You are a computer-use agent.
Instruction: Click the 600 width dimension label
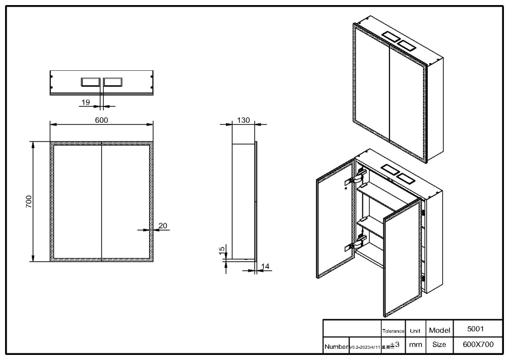(x=102, y=120)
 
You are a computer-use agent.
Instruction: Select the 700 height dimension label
(x=29, y=201)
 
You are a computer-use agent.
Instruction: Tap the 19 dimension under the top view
(x=86, y=102)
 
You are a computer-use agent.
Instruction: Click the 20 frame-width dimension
(x=163, y=226)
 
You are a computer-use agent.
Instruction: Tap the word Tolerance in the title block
(x=393, y=331)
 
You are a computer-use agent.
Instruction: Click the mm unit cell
(x=415, y=345)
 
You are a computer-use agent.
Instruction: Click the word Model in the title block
(x=439, y=330)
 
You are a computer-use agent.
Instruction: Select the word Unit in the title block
(x=415, y=331)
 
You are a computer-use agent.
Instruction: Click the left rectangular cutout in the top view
(x=91, y=81)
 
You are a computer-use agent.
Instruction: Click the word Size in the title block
(x=439, y=345)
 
